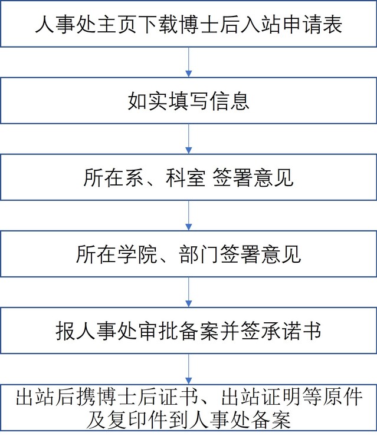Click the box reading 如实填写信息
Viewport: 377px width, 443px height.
(189, 101)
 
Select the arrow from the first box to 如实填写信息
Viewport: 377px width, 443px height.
(189, 62)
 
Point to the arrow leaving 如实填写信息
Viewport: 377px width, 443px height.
(189, 138)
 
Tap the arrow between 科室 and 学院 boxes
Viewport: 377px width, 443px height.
(189, 215)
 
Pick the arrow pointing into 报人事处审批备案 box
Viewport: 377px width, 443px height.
(189, 292)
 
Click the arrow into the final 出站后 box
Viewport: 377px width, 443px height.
(189, 369)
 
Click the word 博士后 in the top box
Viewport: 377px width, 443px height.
(189, 25)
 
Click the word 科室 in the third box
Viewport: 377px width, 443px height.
(185, 178)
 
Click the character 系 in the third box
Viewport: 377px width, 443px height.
(135, 178)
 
